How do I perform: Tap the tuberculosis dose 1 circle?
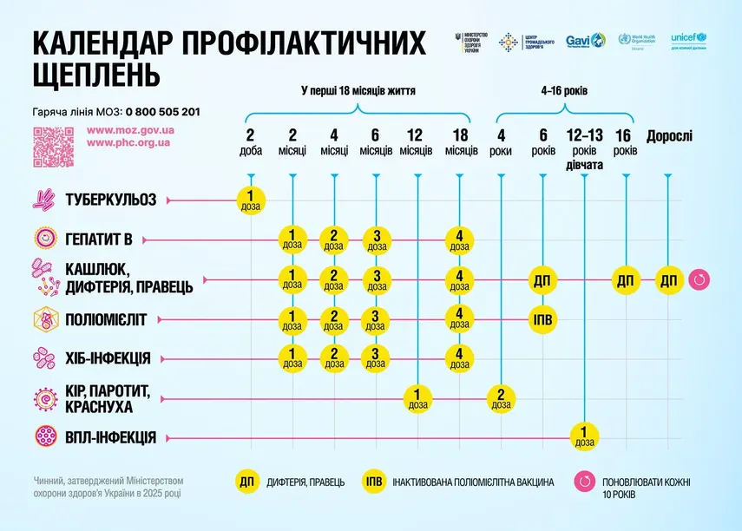pyautogui.click(x=250, y=200)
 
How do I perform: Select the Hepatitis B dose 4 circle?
pyautogui.click(x=459, y=239)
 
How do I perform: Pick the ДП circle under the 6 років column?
pyautogui.click(x=543, y=280)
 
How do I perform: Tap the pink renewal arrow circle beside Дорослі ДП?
pyautogui.click(x=699, y=280)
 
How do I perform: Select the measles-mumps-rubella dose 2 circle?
pyautogui.click(x=501, y=398)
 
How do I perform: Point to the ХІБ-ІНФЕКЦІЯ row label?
pyautogui.click(x=107, y=357)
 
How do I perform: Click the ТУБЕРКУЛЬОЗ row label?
pyautogui.click(x=109, y=200)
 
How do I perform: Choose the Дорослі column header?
pyautogui.click(x=668, y=136)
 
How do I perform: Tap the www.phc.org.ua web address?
pyautogui.click(x=129, y=141)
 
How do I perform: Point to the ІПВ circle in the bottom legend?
pyautogui.click(x=374, y=482)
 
